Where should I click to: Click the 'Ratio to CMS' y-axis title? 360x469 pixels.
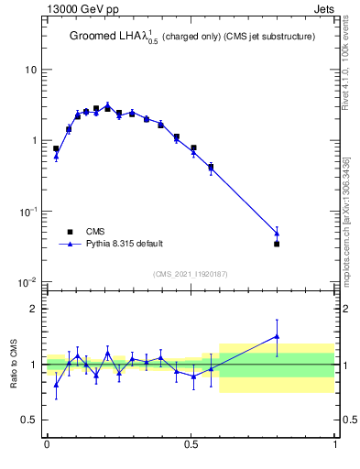(15, 365)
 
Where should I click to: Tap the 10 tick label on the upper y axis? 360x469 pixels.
(30, 71)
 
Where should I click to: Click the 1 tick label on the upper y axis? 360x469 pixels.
(33, 141)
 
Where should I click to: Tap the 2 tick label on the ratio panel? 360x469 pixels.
(33, 310)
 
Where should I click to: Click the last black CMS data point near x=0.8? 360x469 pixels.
(277, 244)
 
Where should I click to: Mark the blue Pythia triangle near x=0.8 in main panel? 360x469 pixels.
(277, 234)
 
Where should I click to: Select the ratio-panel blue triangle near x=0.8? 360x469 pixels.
(277, 336)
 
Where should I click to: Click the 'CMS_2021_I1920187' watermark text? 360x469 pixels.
(191, 273)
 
